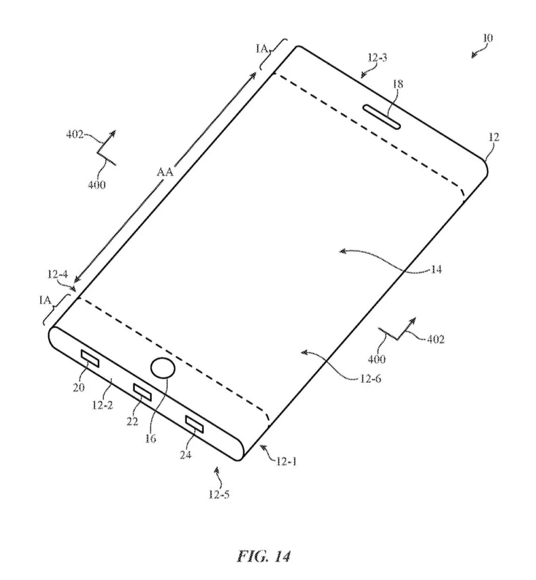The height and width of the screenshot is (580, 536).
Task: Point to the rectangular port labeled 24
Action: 195,423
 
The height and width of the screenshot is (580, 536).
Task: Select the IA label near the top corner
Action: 262,49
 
